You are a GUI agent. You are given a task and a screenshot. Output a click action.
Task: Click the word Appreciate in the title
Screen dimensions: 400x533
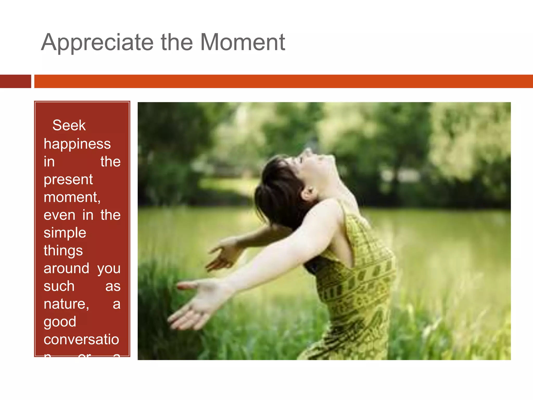[97, 43]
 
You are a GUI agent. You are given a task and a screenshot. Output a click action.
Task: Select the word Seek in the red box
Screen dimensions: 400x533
[69, 125]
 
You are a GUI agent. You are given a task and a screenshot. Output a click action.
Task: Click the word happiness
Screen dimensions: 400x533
[77, 144]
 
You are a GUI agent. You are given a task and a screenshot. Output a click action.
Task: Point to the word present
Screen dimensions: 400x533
[68, 180]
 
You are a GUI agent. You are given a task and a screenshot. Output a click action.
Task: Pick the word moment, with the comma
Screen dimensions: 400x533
[72, 197]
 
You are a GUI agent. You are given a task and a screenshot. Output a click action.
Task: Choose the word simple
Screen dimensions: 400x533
[65, 233]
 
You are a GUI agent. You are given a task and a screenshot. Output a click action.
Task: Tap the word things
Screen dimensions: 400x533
[63, 251]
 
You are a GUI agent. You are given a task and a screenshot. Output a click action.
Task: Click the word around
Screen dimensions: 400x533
[66, 268]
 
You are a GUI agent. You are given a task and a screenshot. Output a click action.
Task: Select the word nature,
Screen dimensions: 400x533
[66, 304]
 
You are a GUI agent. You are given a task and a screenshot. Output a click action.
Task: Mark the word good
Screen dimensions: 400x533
[60, 322]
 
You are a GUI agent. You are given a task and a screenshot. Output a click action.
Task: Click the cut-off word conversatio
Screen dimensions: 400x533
[81, 339]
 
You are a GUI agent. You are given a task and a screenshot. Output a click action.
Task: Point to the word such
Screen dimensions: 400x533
[59, 286]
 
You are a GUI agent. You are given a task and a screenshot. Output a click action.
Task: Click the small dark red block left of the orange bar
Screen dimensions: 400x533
[15, 81]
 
